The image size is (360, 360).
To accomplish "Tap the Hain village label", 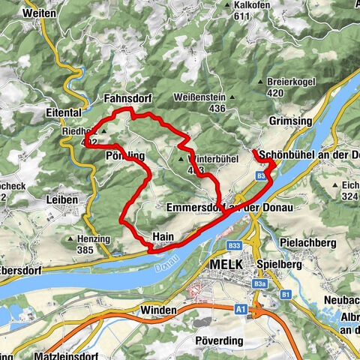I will point(163,235).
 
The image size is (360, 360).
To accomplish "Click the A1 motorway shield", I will point(241,308).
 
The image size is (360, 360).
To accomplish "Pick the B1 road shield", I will point(286,295).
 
